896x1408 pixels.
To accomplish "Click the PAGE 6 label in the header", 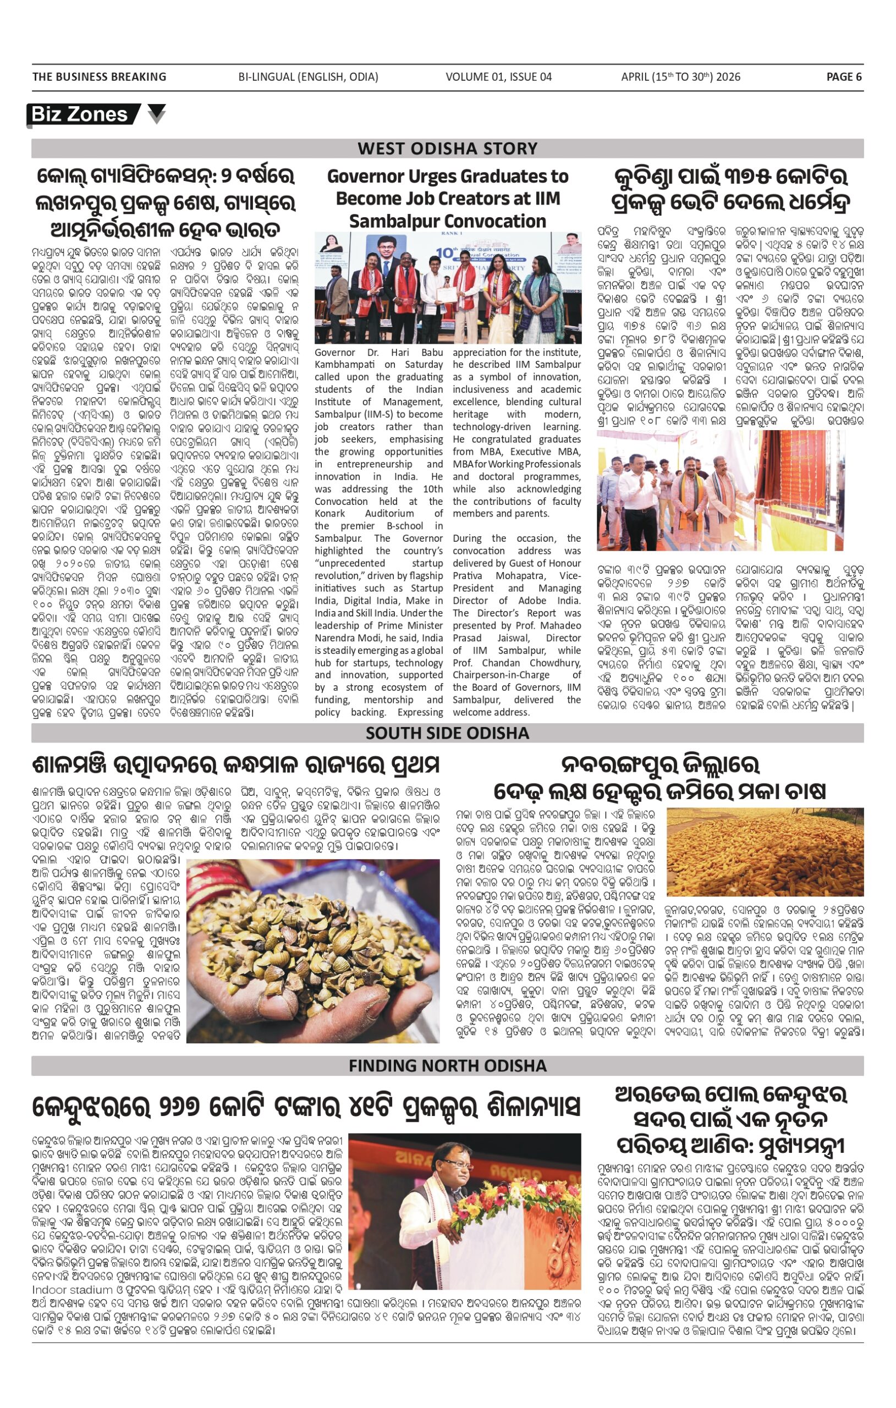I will click(843, 76).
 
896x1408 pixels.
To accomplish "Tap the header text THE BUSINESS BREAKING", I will click(100, 76).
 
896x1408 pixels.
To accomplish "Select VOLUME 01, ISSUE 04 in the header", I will click(498, 76).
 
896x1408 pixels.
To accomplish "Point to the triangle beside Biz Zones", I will click(156, 113).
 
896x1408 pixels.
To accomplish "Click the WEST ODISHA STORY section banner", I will click(447, 148).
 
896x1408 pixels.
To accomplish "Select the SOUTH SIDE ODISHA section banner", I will click(447, 733).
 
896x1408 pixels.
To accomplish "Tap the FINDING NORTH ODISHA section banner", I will click(447, 1065).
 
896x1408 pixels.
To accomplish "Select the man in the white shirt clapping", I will click(635, 497).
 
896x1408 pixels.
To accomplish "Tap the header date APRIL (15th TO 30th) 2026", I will click(681, 76).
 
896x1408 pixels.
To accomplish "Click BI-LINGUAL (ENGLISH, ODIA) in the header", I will click(308, 76).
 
